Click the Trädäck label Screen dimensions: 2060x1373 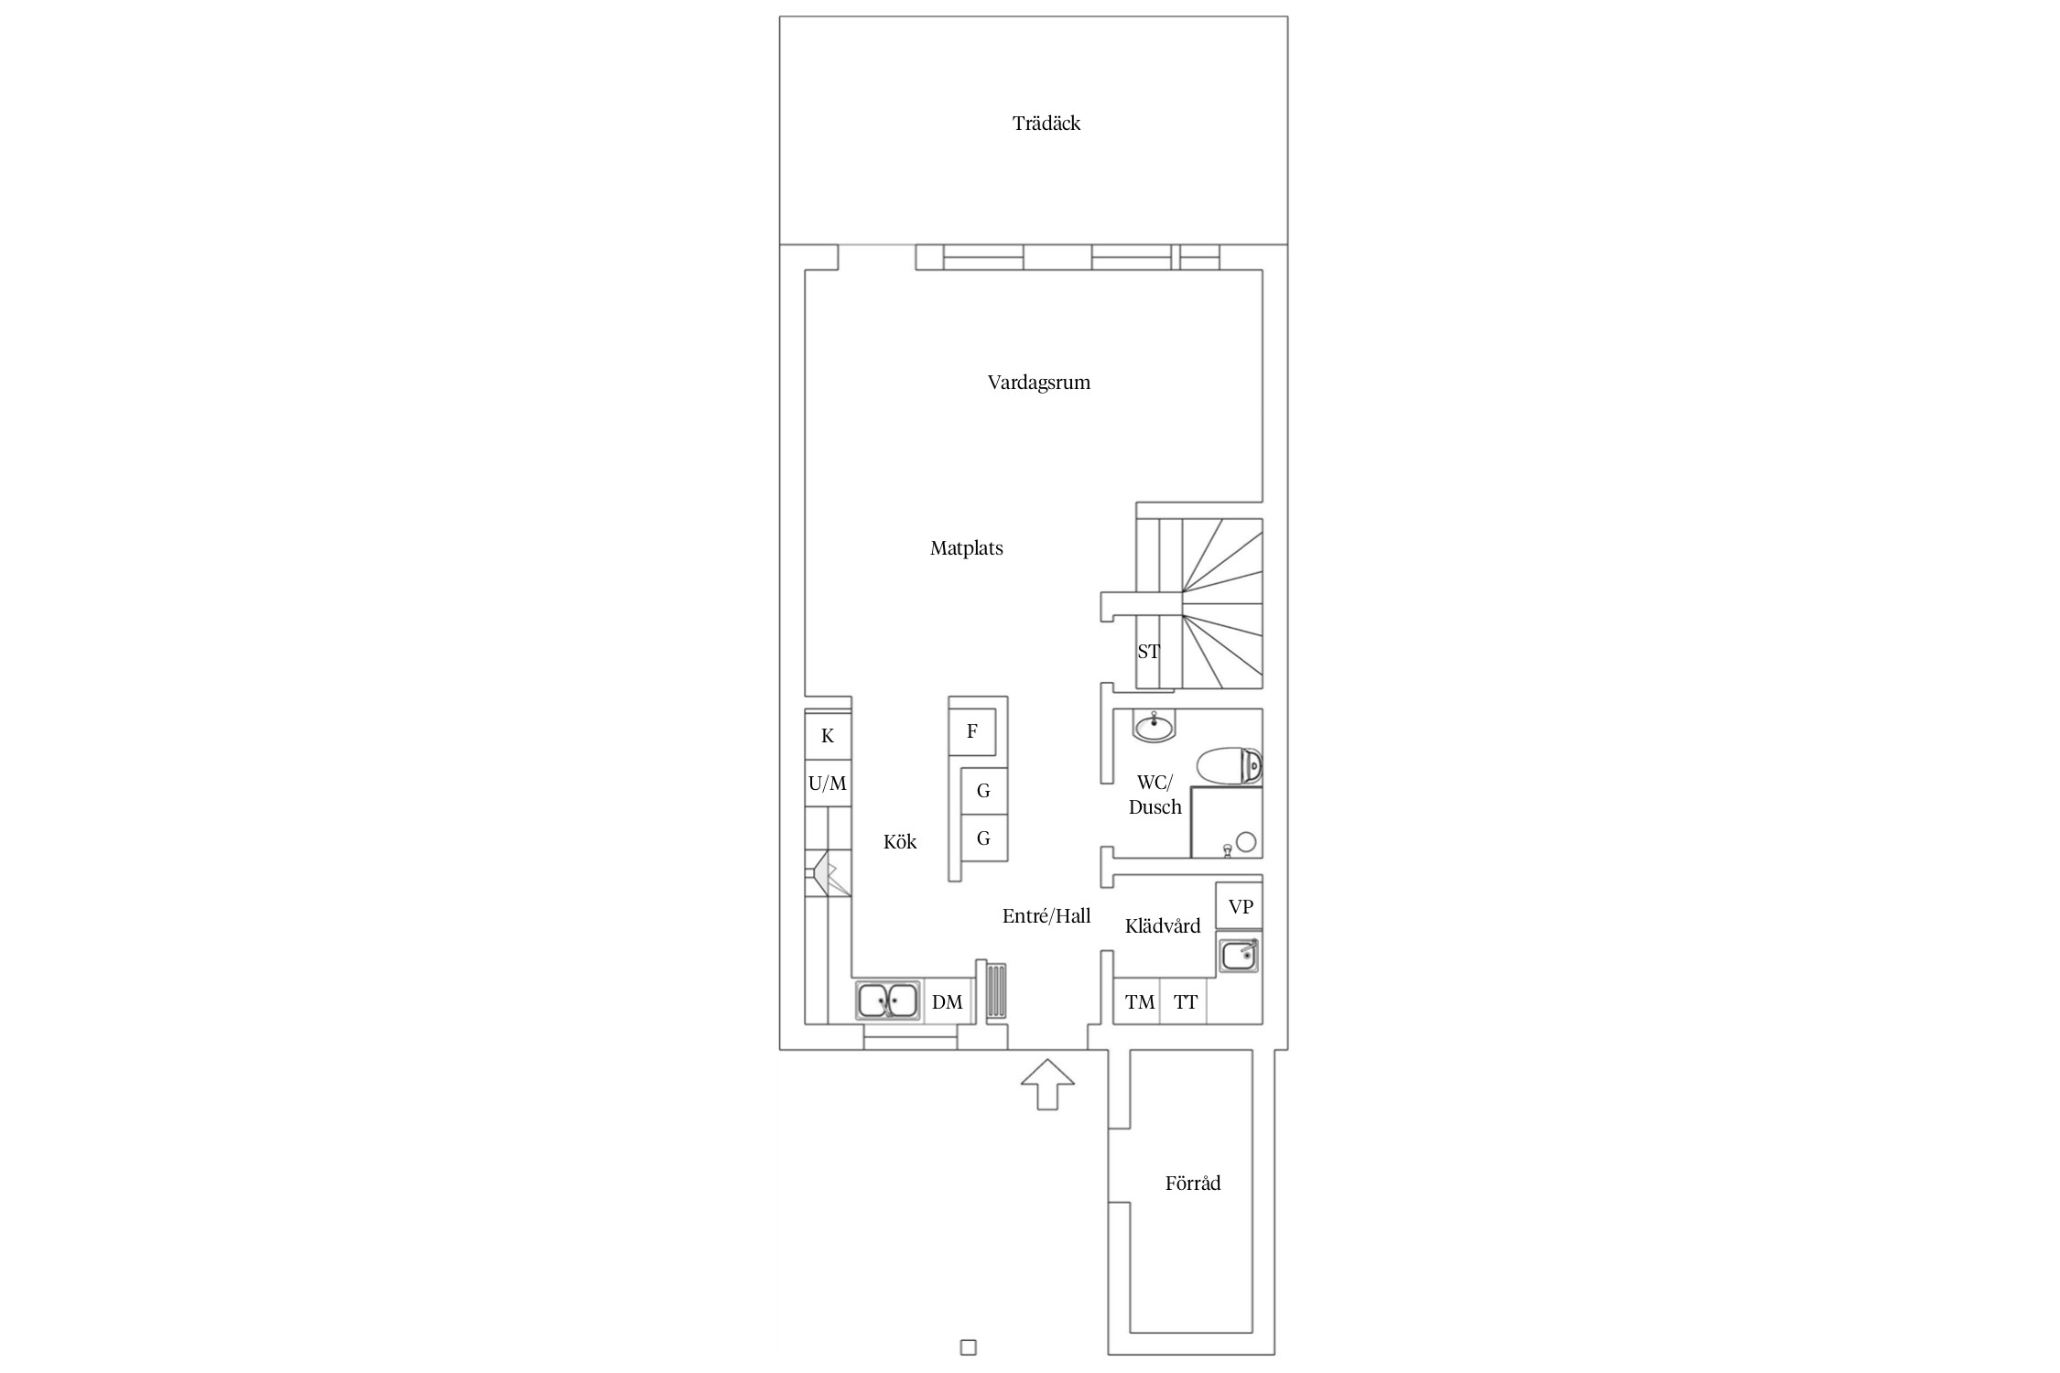[x=1046, y=124]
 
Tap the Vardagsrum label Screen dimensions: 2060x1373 [x=1038, y=383]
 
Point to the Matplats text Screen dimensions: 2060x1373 [x=966, y=548]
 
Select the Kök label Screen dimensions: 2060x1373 [x=899, y=841]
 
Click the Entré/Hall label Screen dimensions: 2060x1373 [x=1046, y=915]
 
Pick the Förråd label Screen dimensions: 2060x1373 [x=1192, y=1183]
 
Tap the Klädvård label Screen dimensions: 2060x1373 [x=1162, y=925]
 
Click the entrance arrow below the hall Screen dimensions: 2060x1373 [x=1047, y=1085]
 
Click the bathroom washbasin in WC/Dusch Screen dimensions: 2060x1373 [x=1155, y=727]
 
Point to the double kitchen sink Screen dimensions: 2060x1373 [x=247, y=1001]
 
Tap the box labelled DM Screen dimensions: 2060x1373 [x=947, y=1001]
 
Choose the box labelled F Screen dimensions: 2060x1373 [x=972, y=731]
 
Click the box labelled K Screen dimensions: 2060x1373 [x=828, y=736]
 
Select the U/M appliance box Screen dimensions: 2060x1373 [x=828, y=784]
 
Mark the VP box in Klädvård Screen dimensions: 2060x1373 [x=1240, y=906]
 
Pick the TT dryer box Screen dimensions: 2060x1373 [x=1185, y=1001]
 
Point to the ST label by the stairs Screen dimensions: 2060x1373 [x=1148, y=652]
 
